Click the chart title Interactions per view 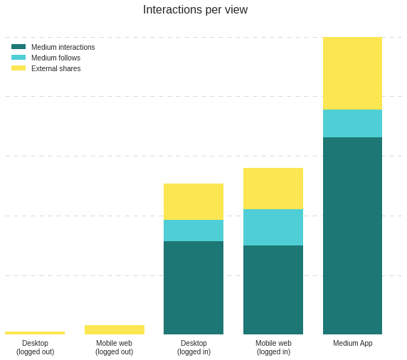195,10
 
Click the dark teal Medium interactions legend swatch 18,47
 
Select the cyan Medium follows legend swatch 18,58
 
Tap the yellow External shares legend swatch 18,68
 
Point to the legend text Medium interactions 63,47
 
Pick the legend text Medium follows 55,58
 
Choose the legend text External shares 56,68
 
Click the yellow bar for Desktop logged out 35,333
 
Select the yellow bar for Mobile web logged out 115,329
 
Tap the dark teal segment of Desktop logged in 194,287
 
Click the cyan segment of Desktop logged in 194,231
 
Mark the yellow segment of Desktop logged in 194,201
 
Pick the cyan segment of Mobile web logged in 273,227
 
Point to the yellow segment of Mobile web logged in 273,189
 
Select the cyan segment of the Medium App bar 352,123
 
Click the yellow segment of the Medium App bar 352,73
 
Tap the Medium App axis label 353,343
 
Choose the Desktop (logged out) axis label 36,347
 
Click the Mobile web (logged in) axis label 273,347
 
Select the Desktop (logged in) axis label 194,347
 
